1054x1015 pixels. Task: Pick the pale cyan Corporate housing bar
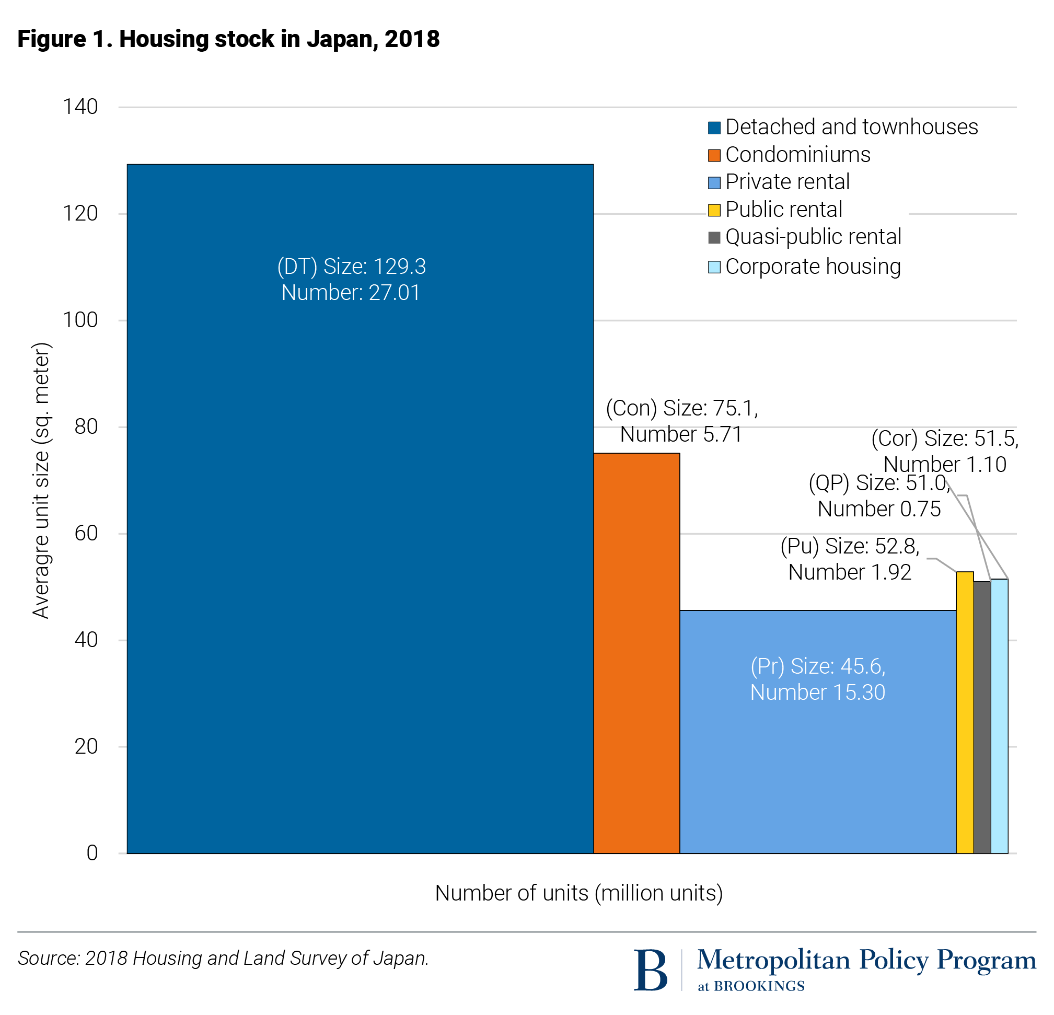pos(999,716)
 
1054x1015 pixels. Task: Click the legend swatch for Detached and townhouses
pos(714,128)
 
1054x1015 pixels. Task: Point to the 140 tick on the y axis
pos(80,107)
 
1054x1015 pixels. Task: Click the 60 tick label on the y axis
pos(86,533)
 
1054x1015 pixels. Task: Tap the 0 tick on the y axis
pos(92,852)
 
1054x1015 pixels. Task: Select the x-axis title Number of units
pos(578,893)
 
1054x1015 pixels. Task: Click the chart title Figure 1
pos(228,39)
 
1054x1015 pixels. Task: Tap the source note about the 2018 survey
pos(223,958)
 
